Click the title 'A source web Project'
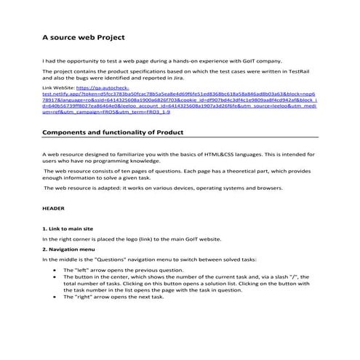[x=84, y=37]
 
